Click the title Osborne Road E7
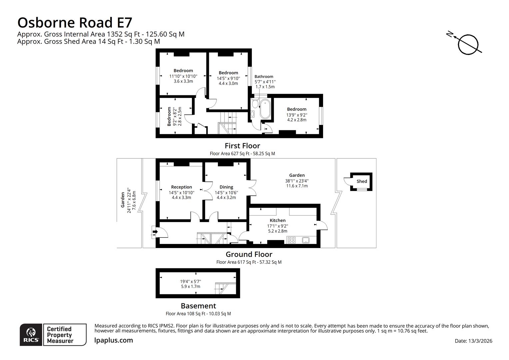point(75,23)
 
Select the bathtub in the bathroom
point(265,109)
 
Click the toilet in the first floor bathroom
point(255,103)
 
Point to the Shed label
point(361,181)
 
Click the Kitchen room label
point(277,220)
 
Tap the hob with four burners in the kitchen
point(292,240)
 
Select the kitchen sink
point(305,240)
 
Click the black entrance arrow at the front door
point(155,231)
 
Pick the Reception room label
point(182,187)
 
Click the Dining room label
point(226,187)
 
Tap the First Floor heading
point(242,146)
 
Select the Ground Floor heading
point(249,254)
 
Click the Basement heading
point(198,306)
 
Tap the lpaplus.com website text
point(114,340)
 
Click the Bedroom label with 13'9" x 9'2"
point(296,109)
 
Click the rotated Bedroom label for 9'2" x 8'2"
point(169,116)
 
